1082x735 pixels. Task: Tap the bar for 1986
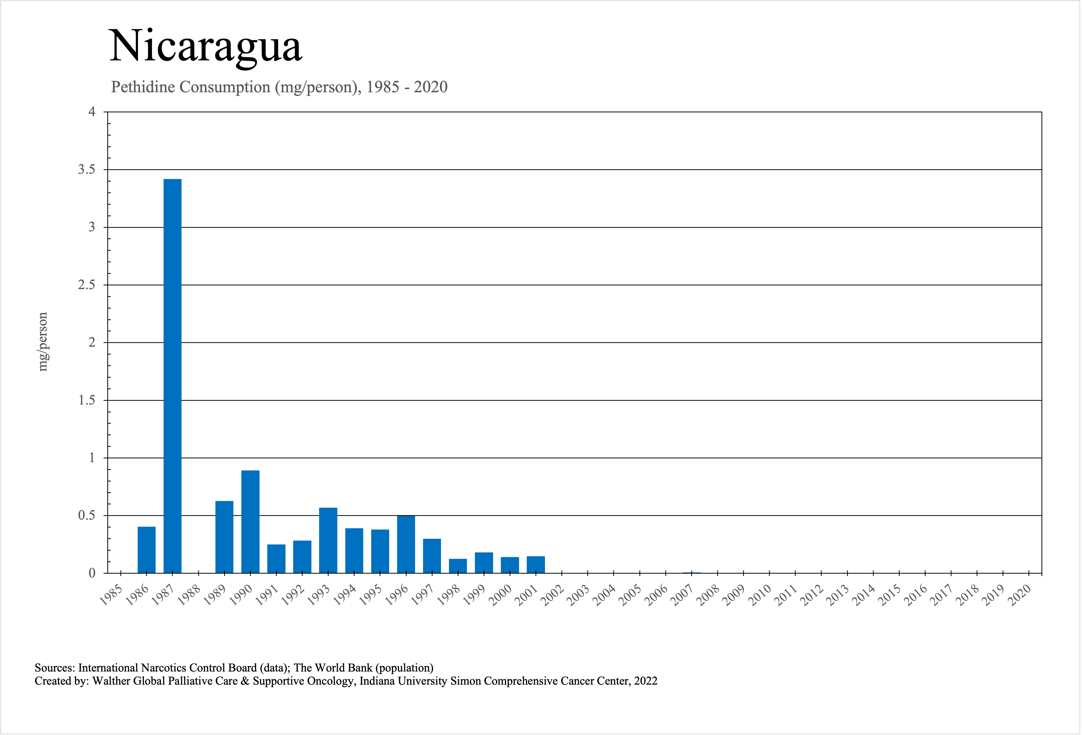(147, 550)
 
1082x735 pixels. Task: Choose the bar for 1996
(406, 544)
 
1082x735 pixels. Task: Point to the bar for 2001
(536, 565)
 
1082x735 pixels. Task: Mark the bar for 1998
(458, 566)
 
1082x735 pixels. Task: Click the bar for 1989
(224, 537)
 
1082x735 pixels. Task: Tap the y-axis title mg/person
(43, 342)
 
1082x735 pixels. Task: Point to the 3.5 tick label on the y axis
(86, 170)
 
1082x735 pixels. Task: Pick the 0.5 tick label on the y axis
(86, 516)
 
